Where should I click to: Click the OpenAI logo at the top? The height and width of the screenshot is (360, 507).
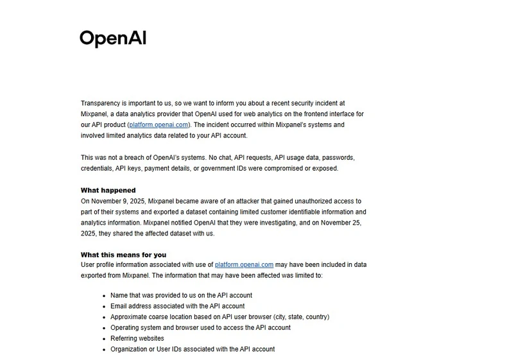[x=113, y=38]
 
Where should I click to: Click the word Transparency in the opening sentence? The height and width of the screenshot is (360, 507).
[x=101, y=103]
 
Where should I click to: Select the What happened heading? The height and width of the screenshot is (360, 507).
[x=108, y=190]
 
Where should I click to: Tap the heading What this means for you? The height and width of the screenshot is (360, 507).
[x=123, y=255]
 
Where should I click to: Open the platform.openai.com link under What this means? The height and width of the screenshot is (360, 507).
[x=245, y=264]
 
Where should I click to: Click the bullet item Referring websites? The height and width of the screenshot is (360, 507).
[x=137, y=338]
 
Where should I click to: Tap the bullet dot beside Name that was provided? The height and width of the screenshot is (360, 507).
[x=104, y=296]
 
